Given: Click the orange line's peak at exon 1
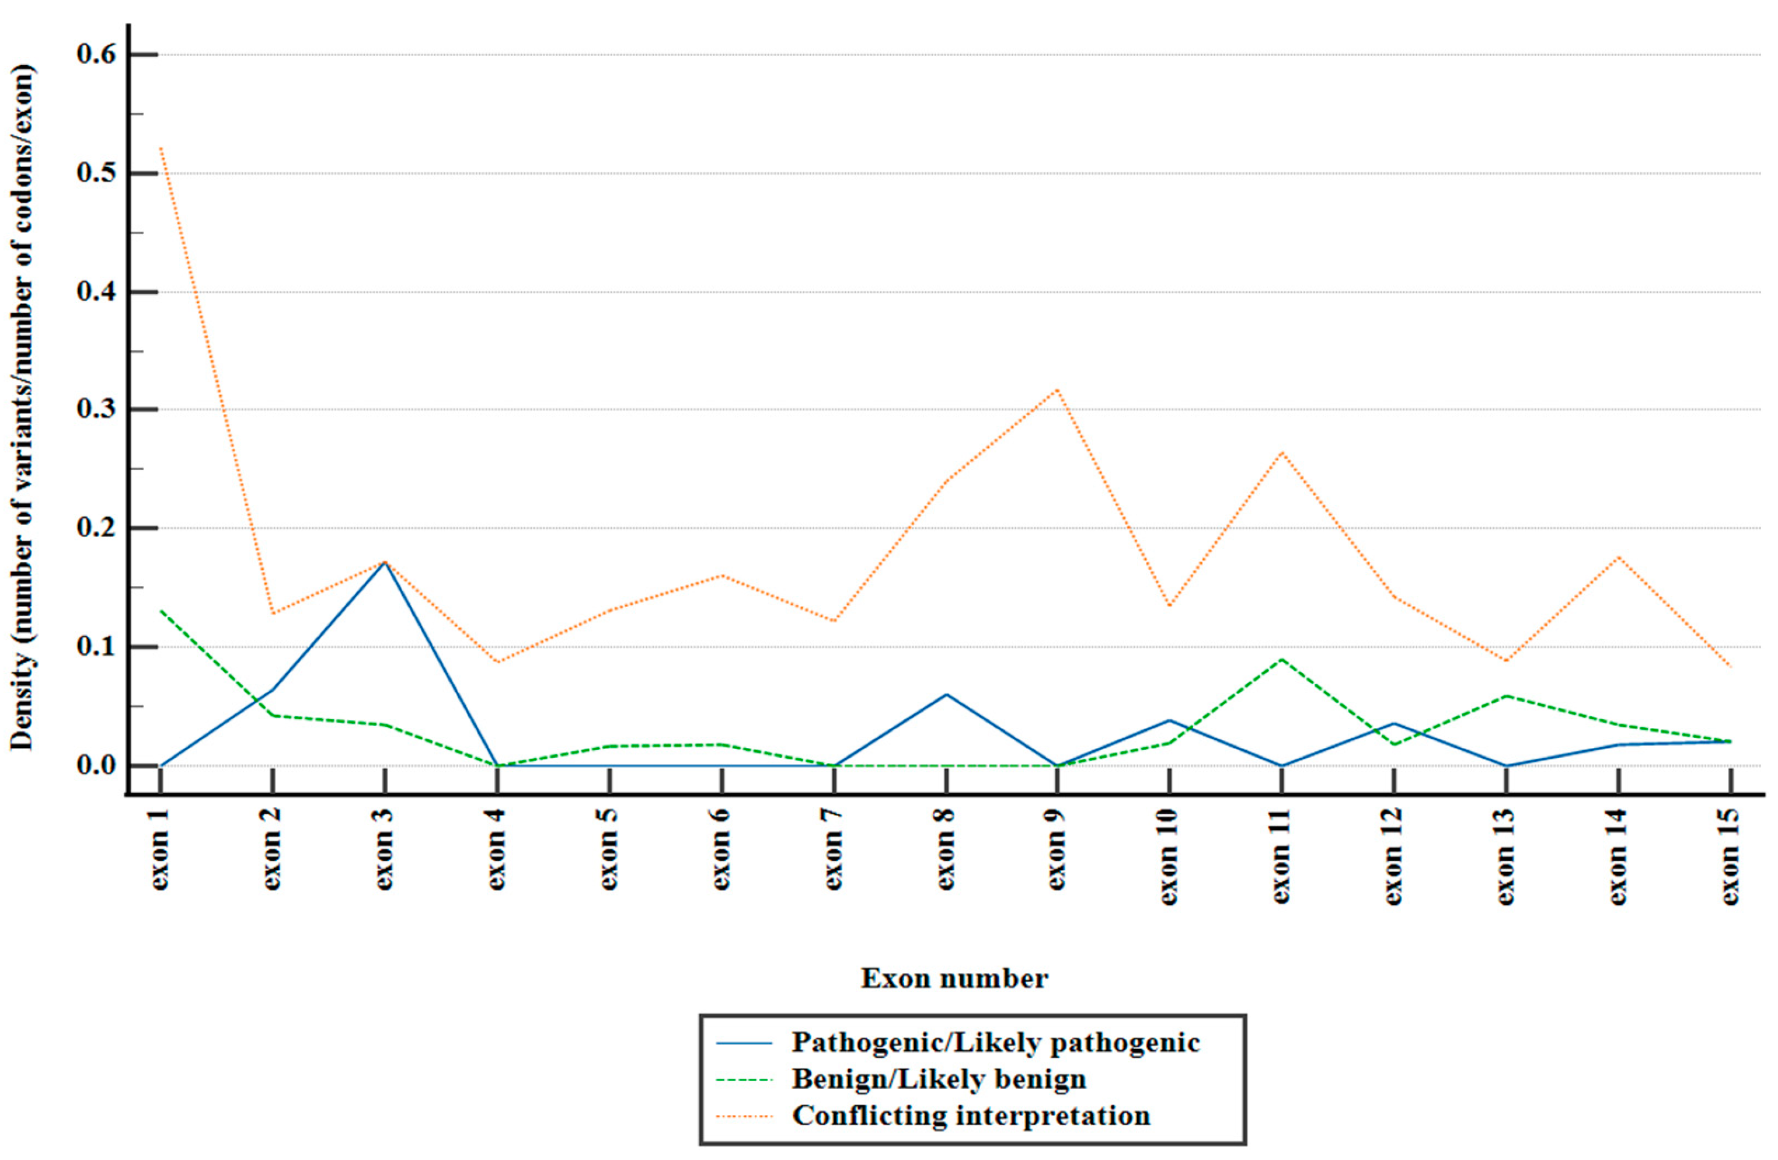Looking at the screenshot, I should (161, 148).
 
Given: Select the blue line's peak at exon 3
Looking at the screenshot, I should (385, 562).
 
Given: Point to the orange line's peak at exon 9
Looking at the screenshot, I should (1058, 389).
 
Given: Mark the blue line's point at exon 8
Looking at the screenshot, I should (946, 695).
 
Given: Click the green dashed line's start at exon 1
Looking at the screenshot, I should (161, 611).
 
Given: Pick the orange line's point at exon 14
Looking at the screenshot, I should (1618, 557).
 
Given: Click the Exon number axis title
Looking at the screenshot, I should (954, 978).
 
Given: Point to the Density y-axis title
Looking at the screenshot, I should (22, 407).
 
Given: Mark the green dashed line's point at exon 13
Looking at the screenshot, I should (1506, 696).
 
